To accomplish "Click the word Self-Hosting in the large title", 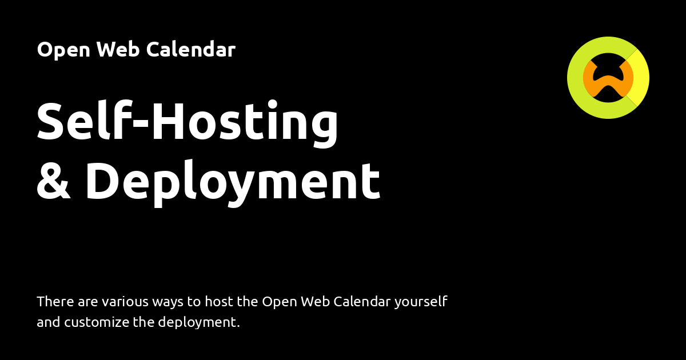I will click(188, 122).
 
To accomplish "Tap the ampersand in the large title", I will click(53, 182).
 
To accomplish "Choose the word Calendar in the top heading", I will click(190, 50).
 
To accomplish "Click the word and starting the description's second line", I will click(48, 322).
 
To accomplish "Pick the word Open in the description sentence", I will click(277, 302).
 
